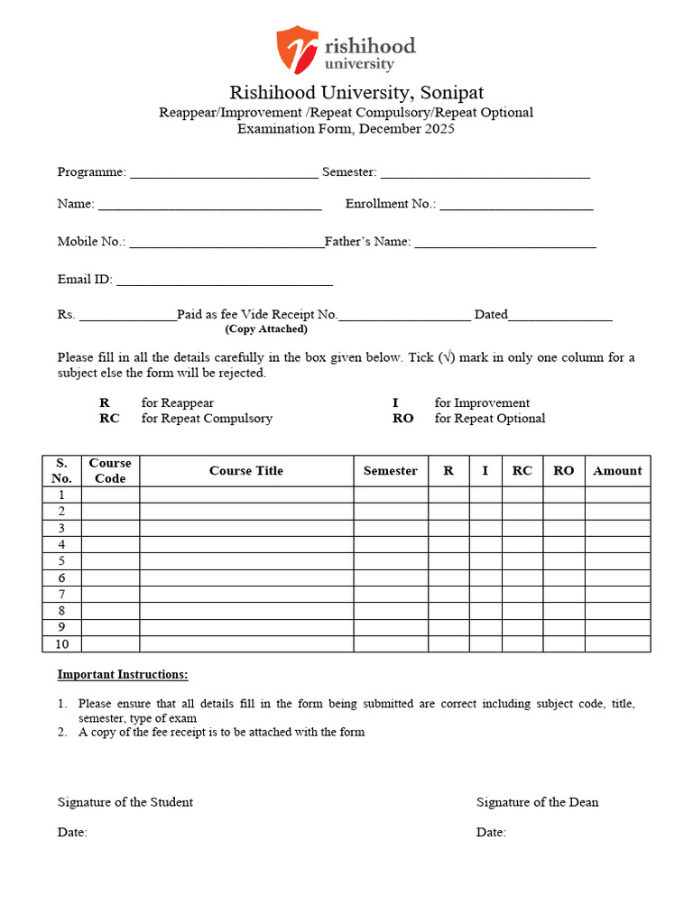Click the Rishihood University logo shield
(x=297, y=50)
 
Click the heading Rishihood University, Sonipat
(x=356, y=93)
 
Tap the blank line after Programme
(x=224, y=171)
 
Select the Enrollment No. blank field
(x=516, y=204)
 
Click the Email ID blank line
(x=225, y=280)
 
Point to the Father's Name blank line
(x=505, y=242)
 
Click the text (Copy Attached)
(x=266, y=329)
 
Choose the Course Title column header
(x=245, y=471)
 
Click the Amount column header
(x=617, y=471)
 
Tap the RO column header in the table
(x=563, y=471)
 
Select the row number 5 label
(x=61, y=561)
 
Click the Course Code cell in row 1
(x=110, y=494)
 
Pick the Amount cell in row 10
(x=617, y=643)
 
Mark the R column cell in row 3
(x=448, y=528)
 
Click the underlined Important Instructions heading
(x=123, y=675)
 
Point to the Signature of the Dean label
(x=537, y=802)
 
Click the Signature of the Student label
(x=125, y=802)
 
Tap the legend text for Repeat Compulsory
(x=207, y=419)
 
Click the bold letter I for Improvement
(x=395, y=403)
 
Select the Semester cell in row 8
(x=390, y=611)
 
